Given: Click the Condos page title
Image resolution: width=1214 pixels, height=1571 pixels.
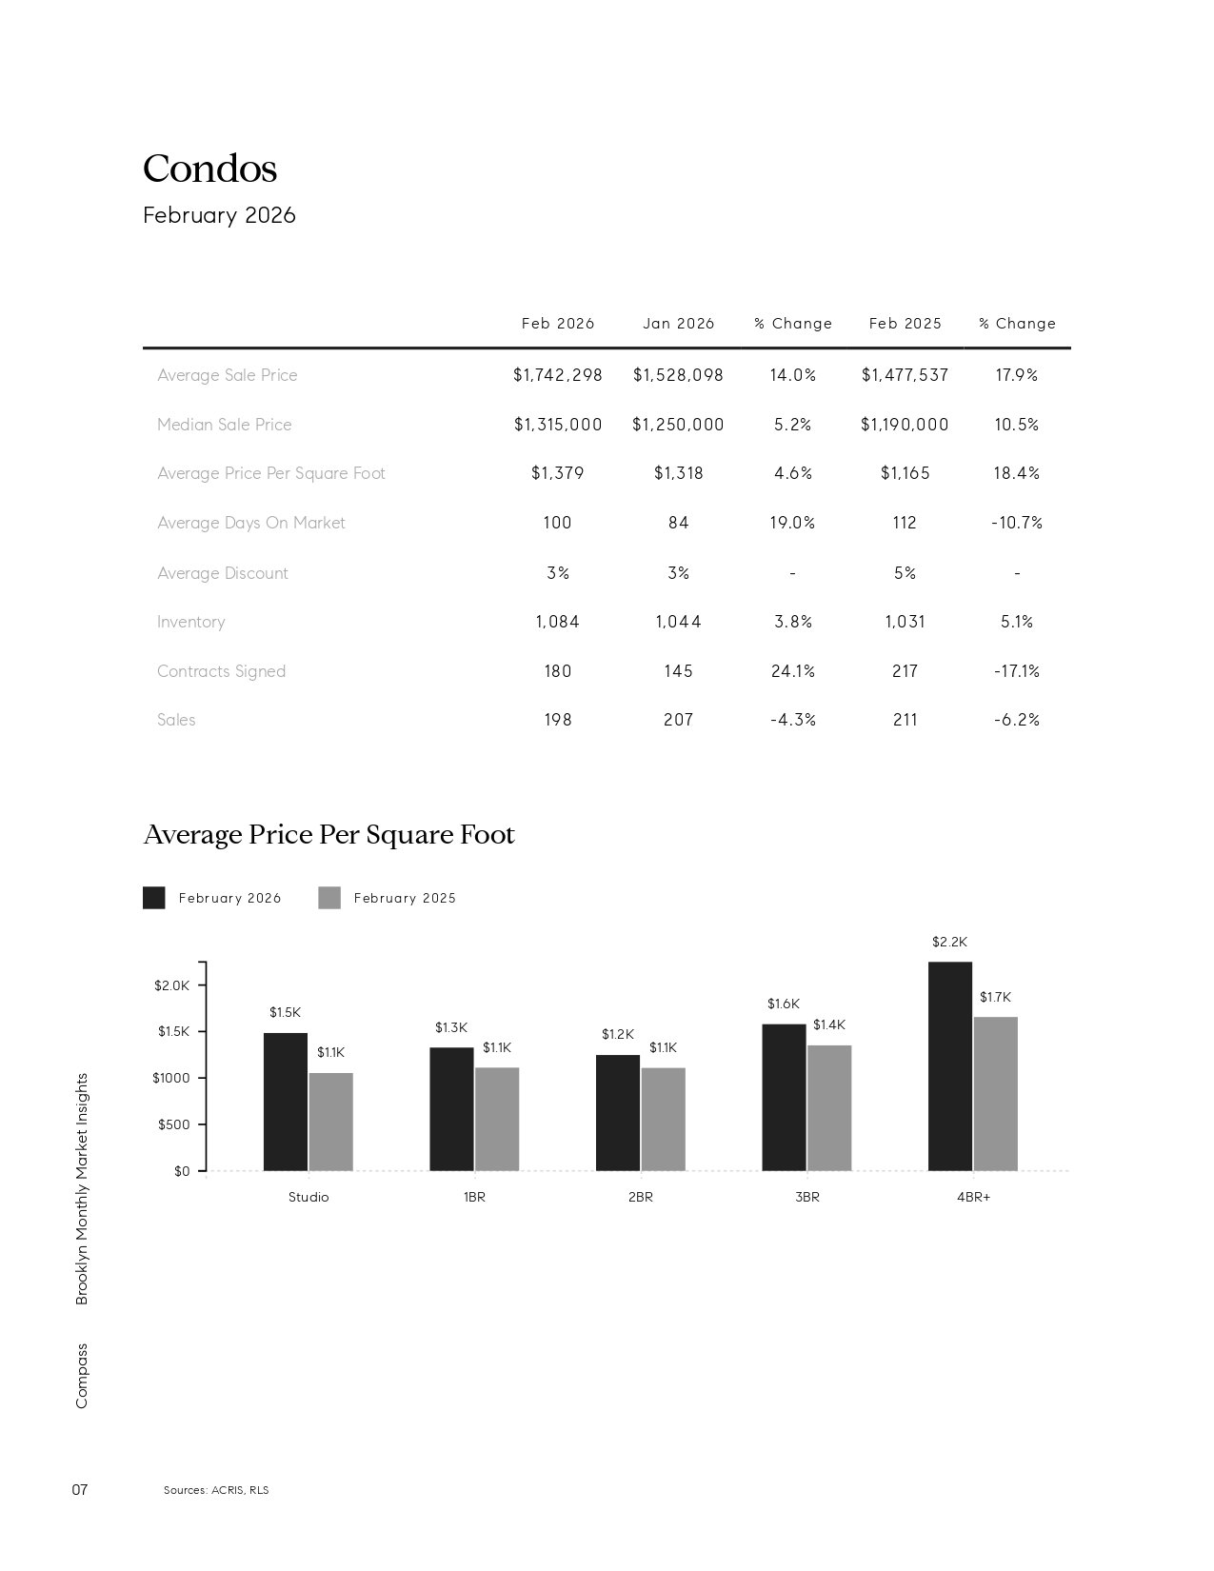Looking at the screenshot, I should [x=209, y=169].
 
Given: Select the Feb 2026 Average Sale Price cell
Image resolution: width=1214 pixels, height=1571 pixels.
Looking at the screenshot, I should [x=557, y=375].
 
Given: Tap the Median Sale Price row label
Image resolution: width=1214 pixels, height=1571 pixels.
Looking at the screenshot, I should [x=224, y=425].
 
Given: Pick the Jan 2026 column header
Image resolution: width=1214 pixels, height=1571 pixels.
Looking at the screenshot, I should [x=678, y=324].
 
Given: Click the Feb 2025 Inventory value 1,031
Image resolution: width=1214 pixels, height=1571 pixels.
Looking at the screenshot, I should [x=905, y=622].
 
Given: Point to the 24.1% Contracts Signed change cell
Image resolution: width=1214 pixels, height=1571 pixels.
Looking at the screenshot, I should [x=793, y=671].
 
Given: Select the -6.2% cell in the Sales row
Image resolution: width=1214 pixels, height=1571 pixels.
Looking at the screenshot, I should [x=1016, y=720].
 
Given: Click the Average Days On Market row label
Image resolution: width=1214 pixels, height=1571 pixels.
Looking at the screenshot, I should [x=250, y=523].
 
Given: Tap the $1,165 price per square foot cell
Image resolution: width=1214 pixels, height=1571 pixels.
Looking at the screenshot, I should [x=905, y=473].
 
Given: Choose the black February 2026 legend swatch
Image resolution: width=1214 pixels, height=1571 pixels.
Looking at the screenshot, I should [x=153, y=898].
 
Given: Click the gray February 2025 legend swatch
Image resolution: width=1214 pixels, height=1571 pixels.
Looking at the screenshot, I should [x=328, y=898].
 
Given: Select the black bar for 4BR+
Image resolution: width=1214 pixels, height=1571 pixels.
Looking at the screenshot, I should [x=949, y=1066].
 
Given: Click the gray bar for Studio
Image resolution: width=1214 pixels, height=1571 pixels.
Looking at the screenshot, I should [x=330, y=1122].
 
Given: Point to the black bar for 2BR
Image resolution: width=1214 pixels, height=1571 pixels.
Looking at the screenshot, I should [x=617, y=1112].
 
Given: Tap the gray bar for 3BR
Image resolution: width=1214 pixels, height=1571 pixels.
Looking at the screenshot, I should [x=829, y=1107].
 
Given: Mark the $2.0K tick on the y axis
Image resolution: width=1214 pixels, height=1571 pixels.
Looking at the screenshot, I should [x=172, y=985].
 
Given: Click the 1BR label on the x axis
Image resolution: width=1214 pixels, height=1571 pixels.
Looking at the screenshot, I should [x=474, y=1197].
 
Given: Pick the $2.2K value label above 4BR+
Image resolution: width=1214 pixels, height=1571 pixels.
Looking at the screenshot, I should [x=949, y=942].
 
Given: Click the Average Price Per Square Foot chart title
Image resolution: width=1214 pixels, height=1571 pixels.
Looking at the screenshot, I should [x=328, y=835].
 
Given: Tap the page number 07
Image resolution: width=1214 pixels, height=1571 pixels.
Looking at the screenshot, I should [x=80, y=1489].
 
